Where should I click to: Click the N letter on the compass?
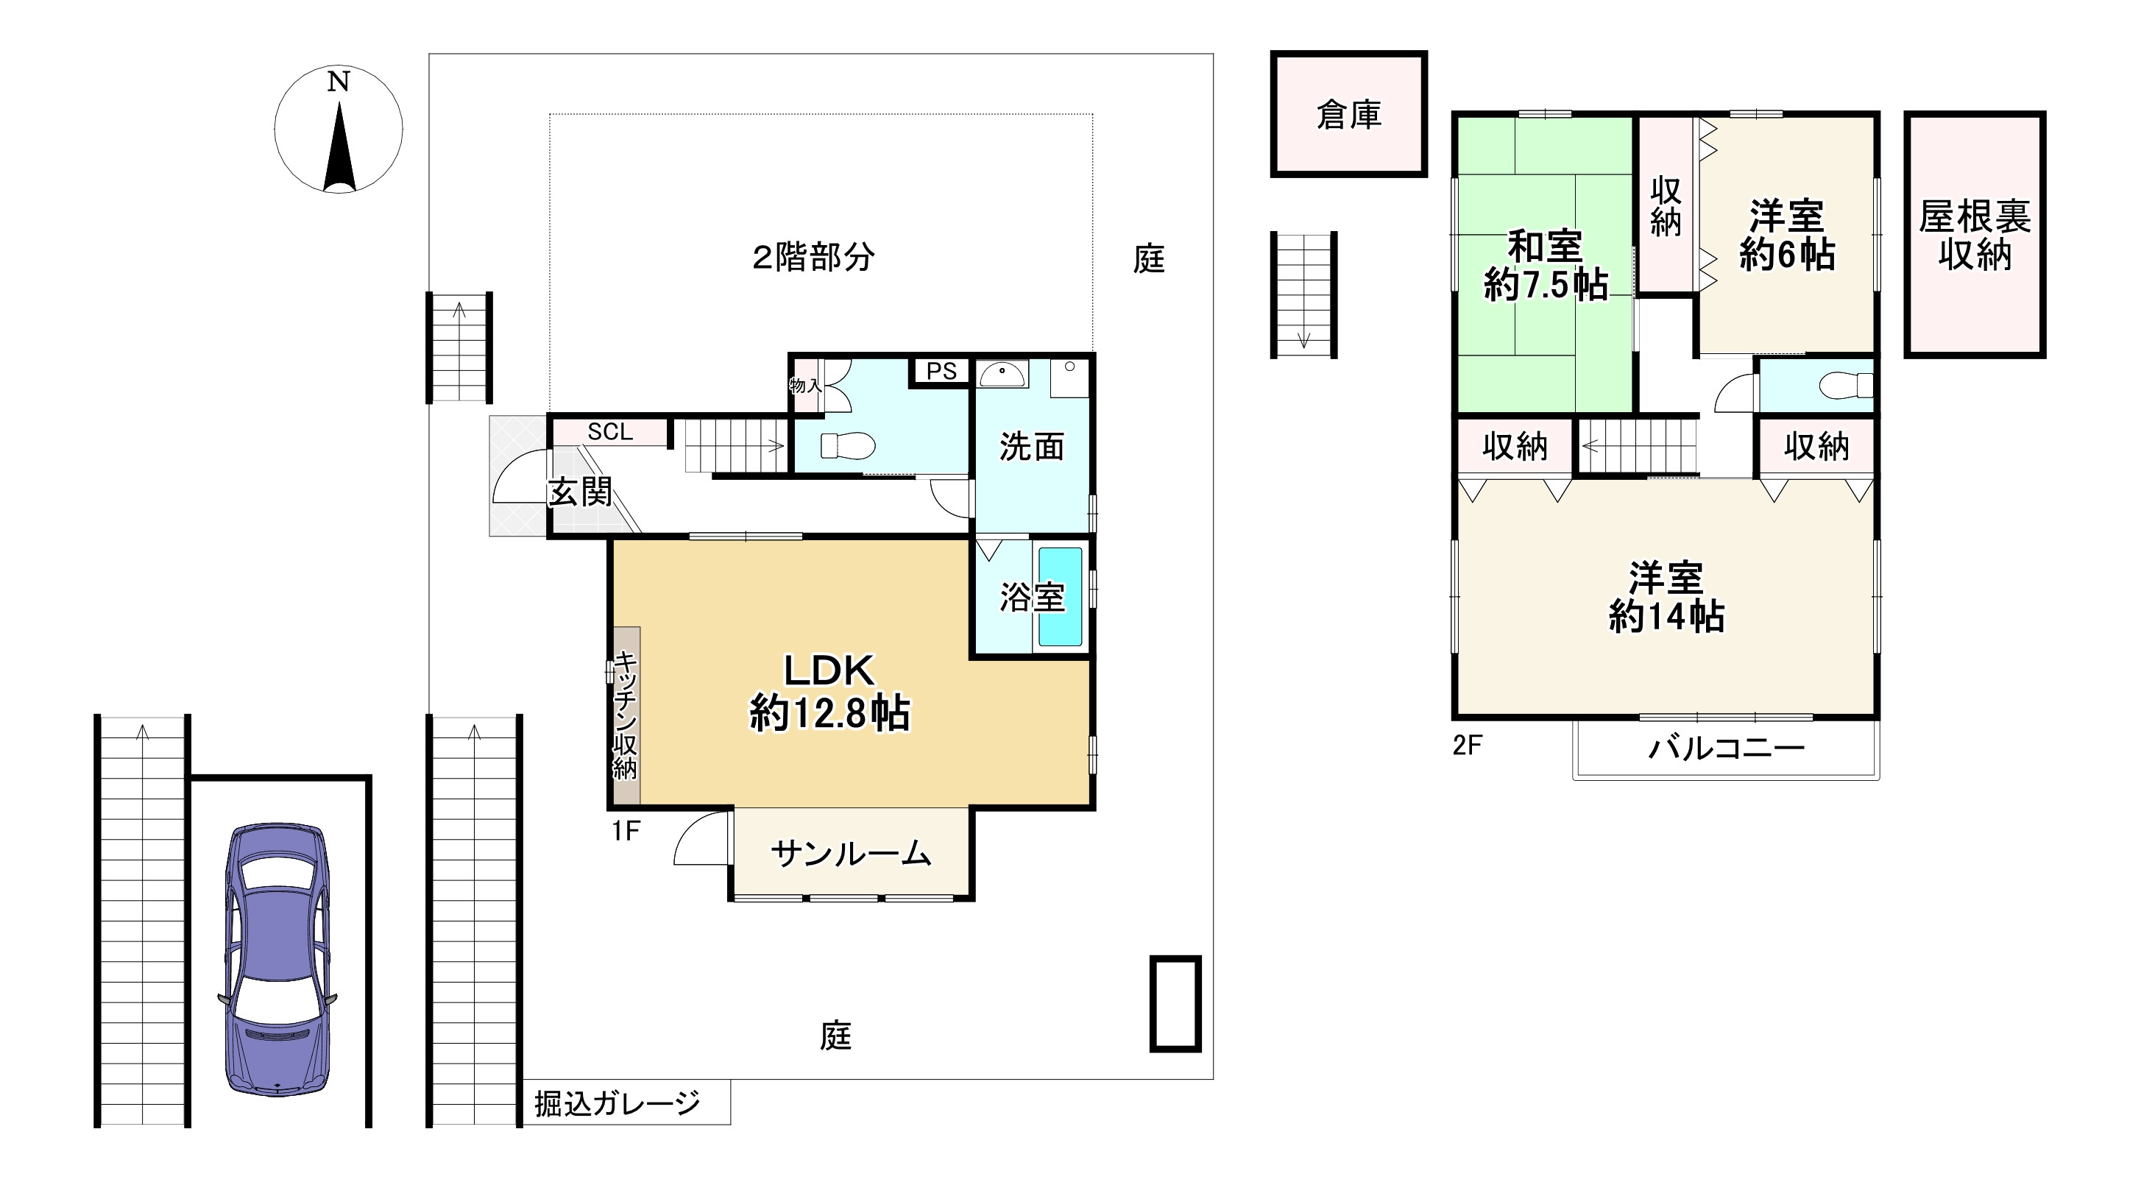[x=339, y=82]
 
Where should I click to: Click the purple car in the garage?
[x=277, y=960]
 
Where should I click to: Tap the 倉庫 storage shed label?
[x=1348, y=115]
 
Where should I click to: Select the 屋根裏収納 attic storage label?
[x=1975, y=236]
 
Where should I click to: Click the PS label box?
[x=941, y=371]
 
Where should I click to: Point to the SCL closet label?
[x=610, y=431]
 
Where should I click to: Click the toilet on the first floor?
[x=848, y=445]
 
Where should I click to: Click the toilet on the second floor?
[x=1845, y=385]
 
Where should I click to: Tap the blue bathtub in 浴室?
[x=1061, y=596]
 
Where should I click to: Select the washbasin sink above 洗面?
[x=1002, y=375]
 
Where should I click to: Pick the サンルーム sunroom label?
[x=850, y=854]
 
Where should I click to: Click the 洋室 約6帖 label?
[x=1787, y=236]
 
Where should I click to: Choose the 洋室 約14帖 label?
[x=1666, y=597]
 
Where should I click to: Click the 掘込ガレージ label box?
[x=617, y=1103]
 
